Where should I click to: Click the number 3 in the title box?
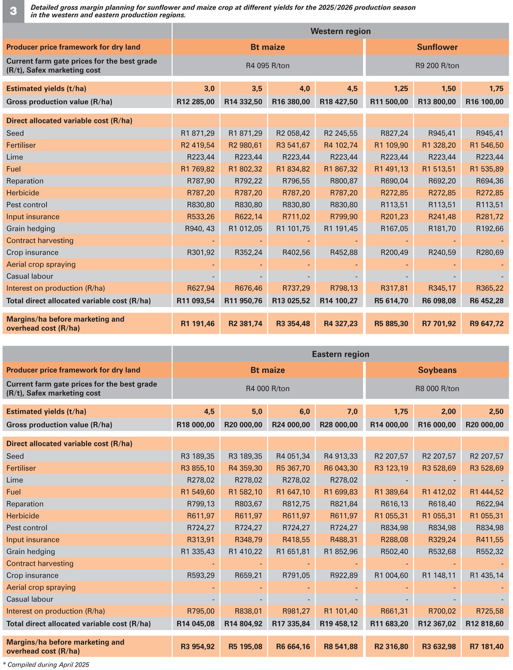click(13, 11)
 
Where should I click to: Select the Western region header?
click(340, 31)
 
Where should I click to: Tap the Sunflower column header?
click(437, 47)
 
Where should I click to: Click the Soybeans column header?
click(437, 370)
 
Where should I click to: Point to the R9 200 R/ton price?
click(437, 65)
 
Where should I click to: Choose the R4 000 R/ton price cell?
click(268, 388)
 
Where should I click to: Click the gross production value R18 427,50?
click(339, 102)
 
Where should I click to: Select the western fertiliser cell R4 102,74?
click(341, 145)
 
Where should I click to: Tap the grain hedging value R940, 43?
click(200, 228)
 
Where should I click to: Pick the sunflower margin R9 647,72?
click(486, 323)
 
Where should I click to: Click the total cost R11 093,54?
click(195, 301)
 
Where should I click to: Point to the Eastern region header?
click(340, 354)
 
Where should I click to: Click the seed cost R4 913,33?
click(341, 456)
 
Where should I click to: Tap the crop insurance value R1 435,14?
click(486, 575)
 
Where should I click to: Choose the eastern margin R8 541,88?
click(341, 646)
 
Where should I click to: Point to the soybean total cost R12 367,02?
click(437, 623)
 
